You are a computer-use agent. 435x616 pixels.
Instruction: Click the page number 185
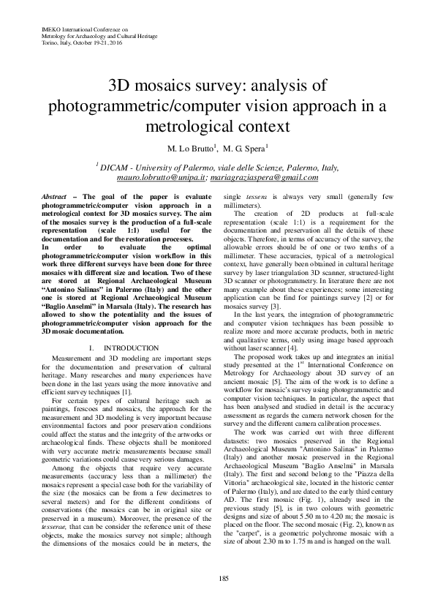pyautogui.click(x=218, y=579)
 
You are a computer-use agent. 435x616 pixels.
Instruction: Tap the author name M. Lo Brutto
pyautogui.click(x=189, y=149)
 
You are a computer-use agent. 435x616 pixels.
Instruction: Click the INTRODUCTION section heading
pyautogui.click(x=131, y=348)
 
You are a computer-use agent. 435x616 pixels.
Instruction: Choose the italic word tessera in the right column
pyautogui.click(x=276, y=198)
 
